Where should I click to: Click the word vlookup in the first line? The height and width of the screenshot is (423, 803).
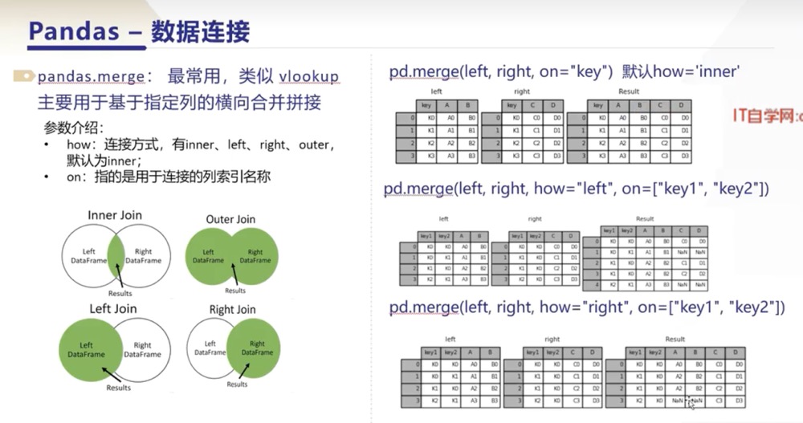tap(309, 77)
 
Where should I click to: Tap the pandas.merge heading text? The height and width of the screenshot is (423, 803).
tap(91, 77)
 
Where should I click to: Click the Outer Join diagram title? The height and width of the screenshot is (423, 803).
tap(231, 218)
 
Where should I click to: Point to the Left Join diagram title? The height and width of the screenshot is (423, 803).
tap(113, 308)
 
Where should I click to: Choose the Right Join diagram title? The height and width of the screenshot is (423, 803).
tap(233, 309)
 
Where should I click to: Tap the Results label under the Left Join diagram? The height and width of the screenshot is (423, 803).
tap(119, 387)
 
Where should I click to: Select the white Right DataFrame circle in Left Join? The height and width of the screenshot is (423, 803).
tap(145, 349)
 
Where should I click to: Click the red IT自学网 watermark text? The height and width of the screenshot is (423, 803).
tap(766, 116)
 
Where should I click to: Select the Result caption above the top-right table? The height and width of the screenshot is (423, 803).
tap(629, 92)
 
